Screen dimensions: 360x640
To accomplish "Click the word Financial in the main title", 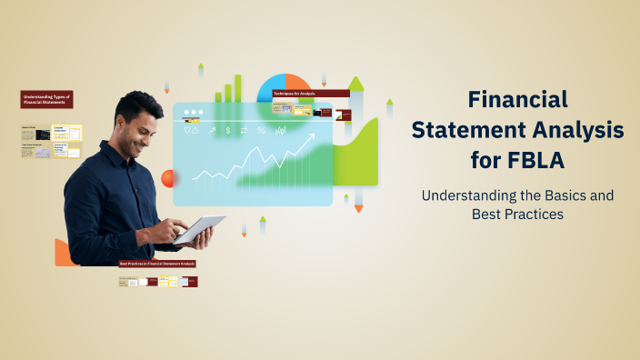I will tap(517, 99).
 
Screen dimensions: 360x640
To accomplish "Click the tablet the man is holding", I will tap(199, 228).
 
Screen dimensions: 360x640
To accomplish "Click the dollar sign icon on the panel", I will tap(228, 131).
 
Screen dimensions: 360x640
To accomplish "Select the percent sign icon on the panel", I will tap(262, 131).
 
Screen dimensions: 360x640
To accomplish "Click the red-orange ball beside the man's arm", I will tap(167, 178).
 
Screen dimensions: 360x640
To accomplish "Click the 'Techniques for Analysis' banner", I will tap(310, 94).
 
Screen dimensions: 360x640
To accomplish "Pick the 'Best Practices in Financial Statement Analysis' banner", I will tap(158, 264).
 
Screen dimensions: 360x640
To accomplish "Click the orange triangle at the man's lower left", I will tap(63, 254).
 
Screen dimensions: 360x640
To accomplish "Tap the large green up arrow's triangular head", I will tap(355, 84).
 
